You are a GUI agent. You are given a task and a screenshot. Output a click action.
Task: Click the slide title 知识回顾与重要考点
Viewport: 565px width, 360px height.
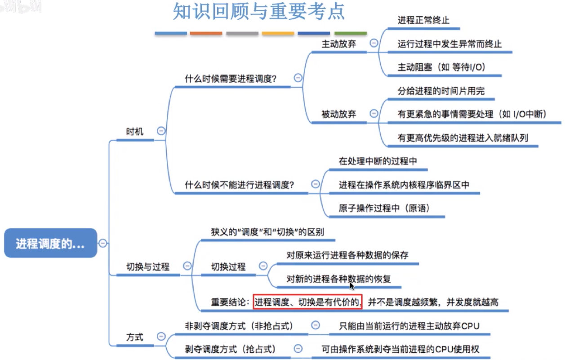click(259, 13)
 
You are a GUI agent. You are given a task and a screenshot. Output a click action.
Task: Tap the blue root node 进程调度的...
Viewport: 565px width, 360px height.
click(50, 244)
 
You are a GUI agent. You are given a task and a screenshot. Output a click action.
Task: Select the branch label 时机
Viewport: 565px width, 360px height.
click(135, 131)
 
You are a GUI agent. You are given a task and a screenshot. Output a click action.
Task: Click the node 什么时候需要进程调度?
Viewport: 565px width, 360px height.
click(231, 79)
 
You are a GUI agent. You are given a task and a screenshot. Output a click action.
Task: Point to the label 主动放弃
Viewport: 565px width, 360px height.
click(338, 44)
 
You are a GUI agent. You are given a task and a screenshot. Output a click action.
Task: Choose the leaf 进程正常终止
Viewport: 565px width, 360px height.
click(423, 20)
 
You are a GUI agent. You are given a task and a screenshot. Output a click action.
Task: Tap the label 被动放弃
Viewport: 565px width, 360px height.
click(338, 114)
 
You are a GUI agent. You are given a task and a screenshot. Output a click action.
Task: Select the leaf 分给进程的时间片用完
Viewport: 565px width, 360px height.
click(441, 91)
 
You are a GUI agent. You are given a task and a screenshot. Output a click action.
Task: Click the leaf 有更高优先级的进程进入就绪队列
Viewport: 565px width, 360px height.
click(463, 138)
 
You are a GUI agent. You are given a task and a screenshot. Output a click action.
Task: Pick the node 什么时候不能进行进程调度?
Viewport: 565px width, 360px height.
click(240, 185)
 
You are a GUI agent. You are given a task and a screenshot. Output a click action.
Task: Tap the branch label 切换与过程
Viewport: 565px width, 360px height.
click(148, 267)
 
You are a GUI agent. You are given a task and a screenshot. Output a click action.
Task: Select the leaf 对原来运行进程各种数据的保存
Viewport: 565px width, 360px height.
click(347, 255)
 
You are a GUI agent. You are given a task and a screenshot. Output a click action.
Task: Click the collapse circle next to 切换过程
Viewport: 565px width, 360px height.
click(263, 267)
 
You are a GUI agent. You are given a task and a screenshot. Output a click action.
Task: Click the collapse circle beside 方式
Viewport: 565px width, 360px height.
click(161, 336)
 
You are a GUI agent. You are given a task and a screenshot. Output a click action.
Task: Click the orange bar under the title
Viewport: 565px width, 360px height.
click(206, 33)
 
